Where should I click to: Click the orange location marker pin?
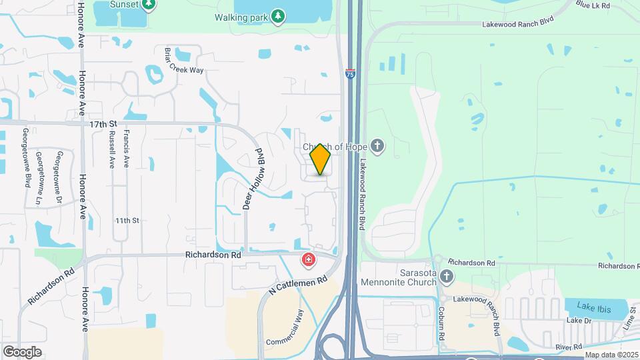pyautogui.click(x=321, y=160)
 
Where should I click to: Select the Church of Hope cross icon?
pyautogui.click(x=378, y=146)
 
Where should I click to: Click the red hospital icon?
pyautogui.click(x=309, y=259)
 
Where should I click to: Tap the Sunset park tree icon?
pyautogui.click(x=149, y=5)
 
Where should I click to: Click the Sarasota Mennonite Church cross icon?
pyautogui.click(x=447, y=276)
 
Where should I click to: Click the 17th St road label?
pyautogui.click(x=103, y=123)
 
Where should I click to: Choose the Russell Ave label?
pyautogui.click(x=111, y=148)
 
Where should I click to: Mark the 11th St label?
pyautogui.click(x=126, y=220)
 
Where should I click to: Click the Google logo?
pyautogui.click(x=22, y=351)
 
